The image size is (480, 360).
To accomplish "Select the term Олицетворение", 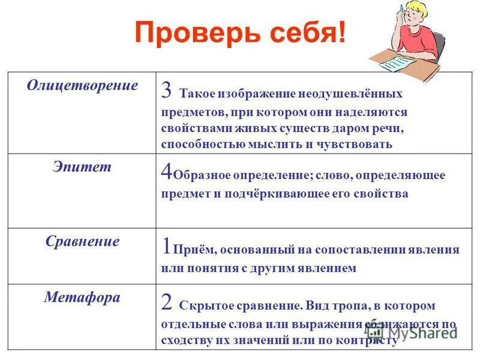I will [x=82, y=85].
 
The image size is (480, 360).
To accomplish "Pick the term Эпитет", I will [x=82, y=167].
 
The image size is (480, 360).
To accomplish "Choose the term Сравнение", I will [x=82, y=242].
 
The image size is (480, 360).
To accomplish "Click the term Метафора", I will [x=82, y=298].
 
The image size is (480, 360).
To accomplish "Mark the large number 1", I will [x=166, y=246].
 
